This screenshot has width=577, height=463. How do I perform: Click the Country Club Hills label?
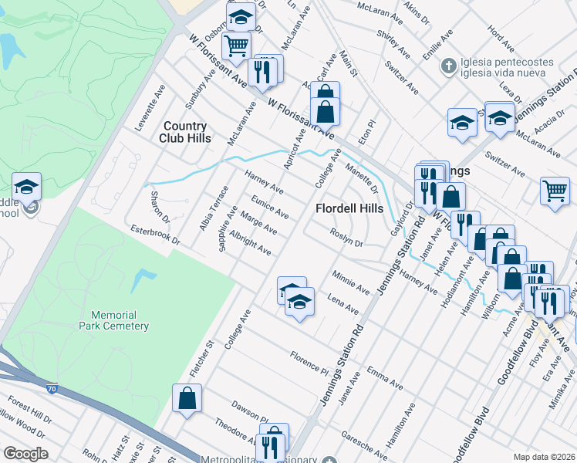coord(184,132)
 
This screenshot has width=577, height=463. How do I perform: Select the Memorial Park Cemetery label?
coord(113,320)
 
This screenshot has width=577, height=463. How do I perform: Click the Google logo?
coord(25,454)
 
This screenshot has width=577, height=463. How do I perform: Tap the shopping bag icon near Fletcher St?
coord(187,399)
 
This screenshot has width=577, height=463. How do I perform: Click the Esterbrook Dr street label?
coord(154,235)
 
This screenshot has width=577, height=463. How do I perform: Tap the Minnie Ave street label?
coord(351,282)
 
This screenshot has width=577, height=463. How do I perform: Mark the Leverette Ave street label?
coord(150,108)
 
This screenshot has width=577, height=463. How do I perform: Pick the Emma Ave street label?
coord(385,378)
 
